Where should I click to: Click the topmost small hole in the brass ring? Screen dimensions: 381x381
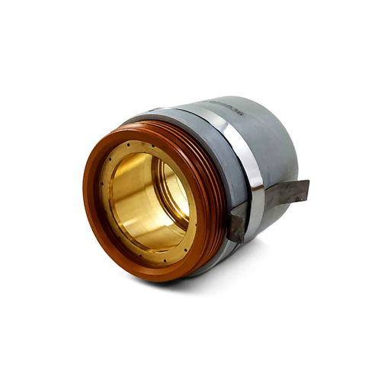click(153, 144)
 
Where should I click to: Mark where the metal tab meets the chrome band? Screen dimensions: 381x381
click(263, 200)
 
